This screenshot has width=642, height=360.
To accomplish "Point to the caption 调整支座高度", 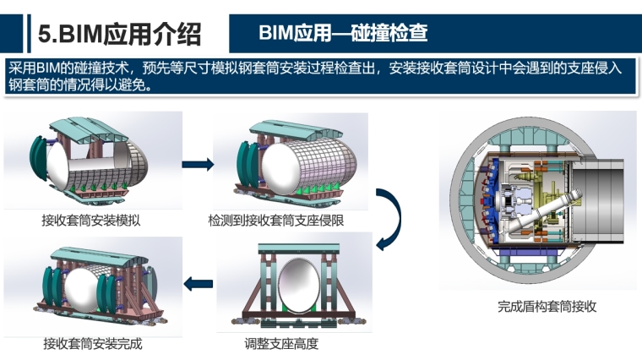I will coord(281,345).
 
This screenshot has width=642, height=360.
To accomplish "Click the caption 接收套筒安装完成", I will coord(93,345).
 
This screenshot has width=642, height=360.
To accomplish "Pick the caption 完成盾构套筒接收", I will coord(547,307).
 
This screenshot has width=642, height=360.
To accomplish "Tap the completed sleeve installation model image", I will coord(95,286).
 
